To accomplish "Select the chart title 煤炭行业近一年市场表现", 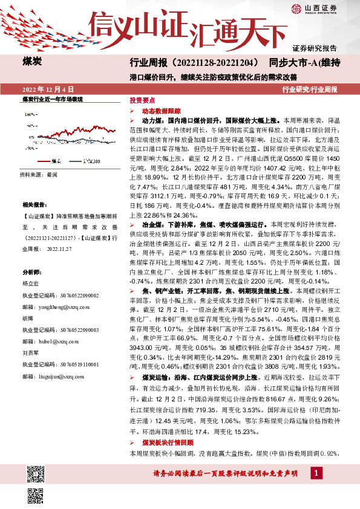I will tap(52, 98).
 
